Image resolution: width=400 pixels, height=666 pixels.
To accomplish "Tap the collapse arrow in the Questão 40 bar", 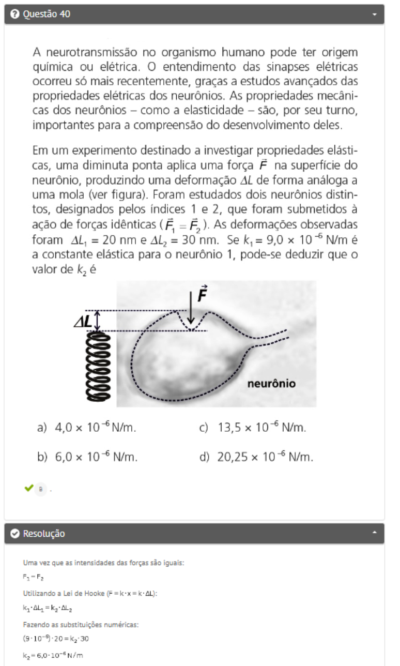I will point(375,14).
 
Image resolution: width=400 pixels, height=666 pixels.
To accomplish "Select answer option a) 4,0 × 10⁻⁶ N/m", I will point(87,428).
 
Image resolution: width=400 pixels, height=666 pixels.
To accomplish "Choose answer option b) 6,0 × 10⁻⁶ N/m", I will point(87,457).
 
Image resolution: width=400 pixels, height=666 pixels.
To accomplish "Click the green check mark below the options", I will point(28,488).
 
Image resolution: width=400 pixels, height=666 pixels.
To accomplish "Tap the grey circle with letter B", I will point(40,488).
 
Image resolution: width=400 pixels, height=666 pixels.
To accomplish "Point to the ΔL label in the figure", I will point(83,322).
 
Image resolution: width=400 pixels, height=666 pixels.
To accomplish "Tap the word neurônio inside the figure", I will point(271,384).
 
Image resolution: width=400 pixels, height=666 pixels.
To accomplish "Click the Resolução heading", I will point(44,533).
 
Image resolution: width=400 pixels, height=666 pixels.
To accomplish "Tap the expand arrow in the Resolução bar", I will point(375,533).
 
